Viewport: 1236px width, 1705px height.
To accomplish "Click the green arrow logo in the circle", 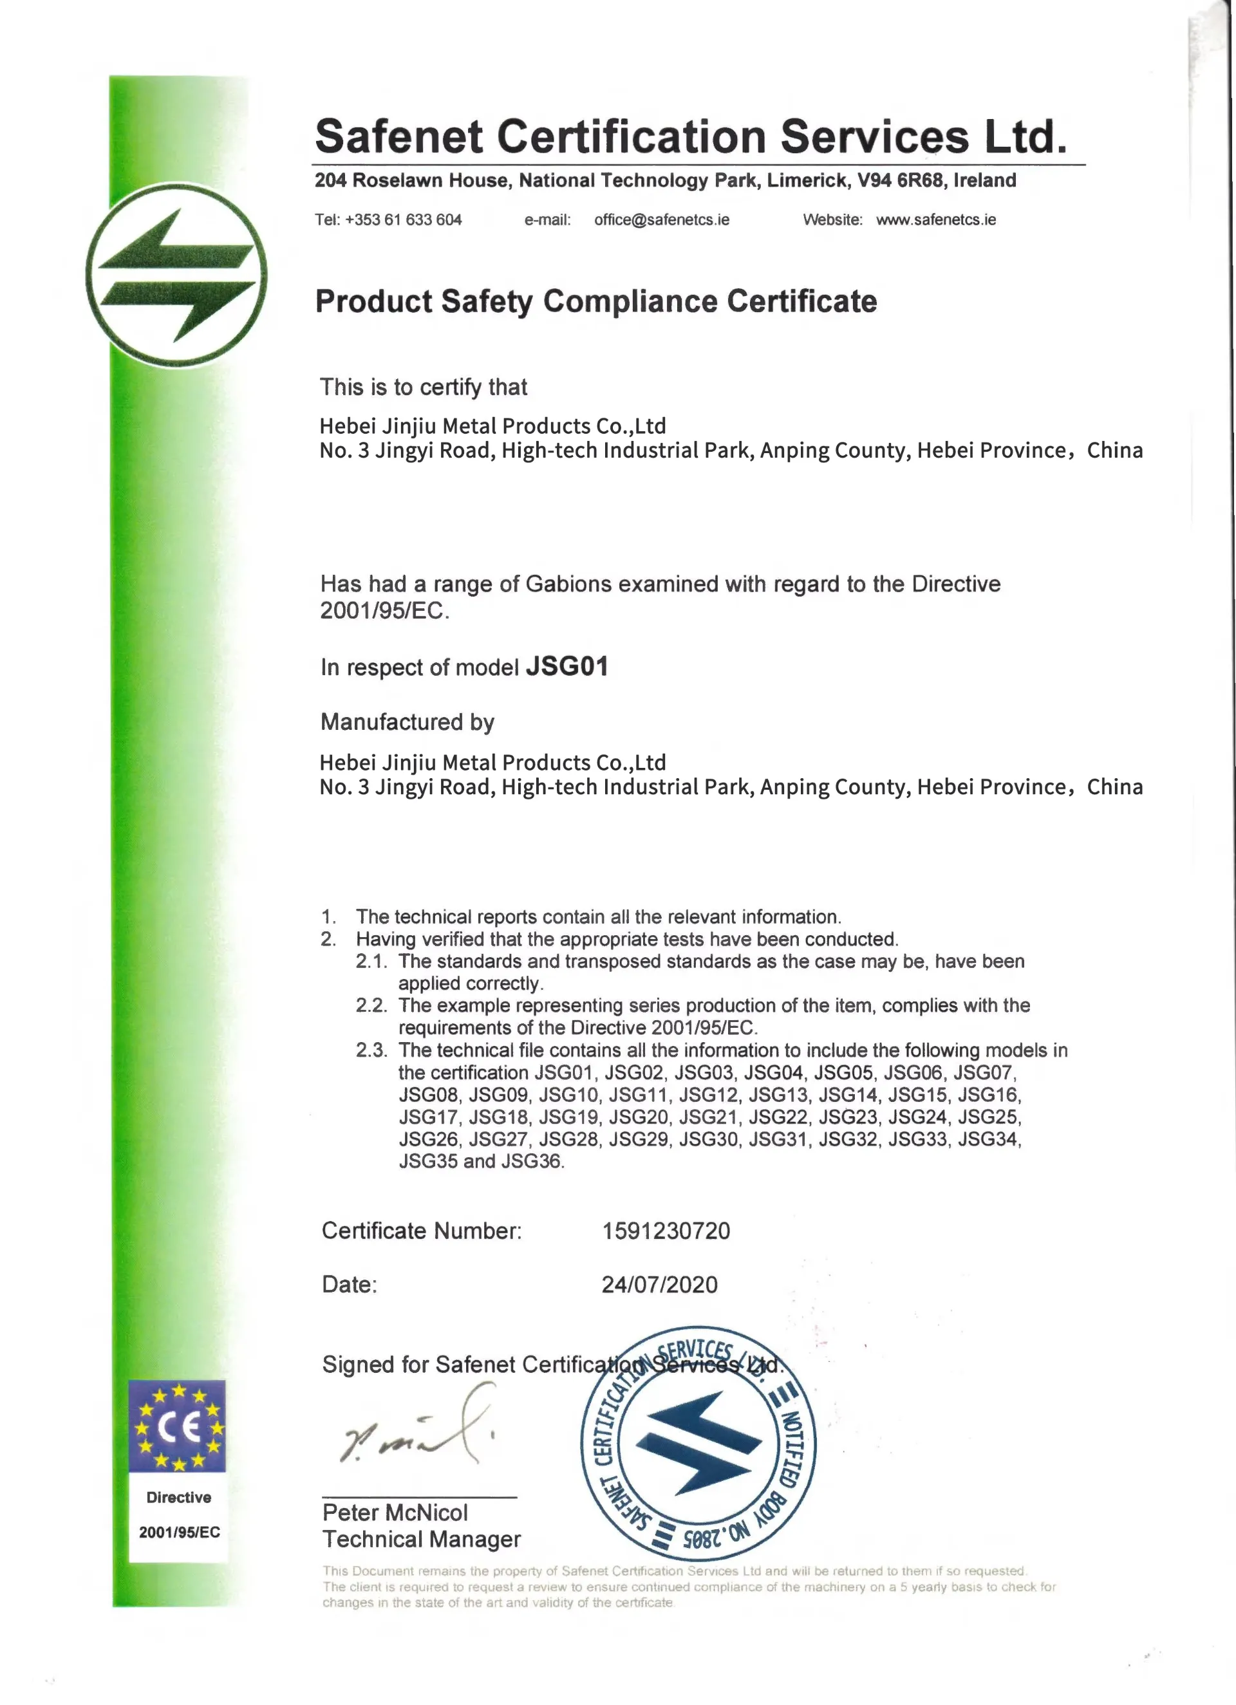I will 176,275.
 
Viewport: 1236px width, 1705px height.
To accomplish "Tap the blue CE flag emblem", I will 176,1426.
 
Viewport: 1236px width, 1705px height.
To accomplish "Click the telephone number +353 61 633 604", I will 402,219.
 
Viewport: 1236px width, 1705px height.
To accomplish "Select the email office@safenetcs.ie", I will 661,219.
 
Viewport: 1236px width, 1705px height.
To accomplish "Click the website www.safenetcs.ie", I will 935,219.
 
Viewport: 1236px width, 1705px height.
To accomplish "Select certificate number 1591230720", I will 666,1231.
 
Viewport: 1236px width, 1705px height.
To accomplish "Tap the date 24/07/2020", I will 659,1284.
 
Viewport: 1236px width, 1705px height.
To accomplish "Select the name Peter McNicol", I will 395,1513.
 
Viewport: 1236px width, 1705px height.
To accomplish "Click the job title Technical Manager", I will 421,1539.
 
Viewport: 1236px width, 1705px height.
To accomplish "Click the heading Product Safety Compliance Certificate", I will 595,301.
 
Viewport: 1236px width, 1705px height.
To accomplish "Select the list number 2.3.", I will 371,1050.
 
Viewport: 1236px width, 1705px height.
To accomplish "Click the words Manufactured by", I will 407,722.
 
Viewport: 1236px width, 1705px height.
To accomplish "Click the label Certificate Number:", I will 421,1231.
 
